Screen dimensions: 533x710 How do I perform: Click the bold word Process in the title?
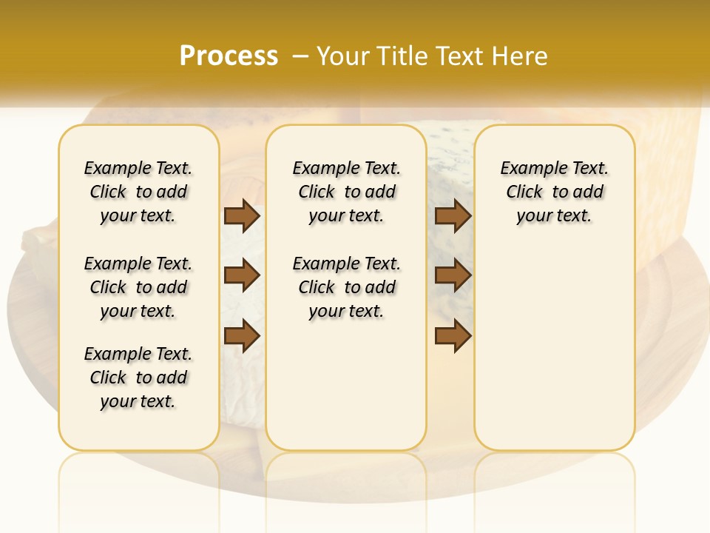(229, 56)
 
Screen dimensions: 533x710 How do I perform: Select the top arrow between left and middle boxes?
(242, 215)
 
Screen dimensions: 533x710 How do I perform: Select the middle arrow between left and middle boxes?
(242, 275)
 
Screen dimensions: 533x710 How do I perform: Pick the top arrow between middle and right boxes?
(453, 215)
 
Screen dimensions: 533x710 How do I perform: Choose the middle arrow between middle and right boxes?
(453, 275)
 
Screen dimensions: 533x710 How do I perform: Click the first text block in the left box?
(138, 192)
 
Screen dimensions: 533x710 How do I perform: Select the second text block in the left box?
(138, 287)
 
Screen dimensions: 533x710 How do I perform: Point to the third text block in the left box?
(138, 378)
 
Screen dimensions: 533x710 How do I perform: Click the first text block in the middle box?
(346, 192)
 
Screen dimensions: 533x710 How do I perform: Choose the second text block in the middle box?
(346, 287)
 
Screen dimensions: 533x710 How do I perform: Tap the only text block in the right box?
(554, 192)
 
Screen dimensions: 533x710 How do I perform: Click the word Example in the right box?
(528, 169)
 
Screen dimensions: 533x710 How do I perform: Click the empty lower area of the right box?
(554, 355)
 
